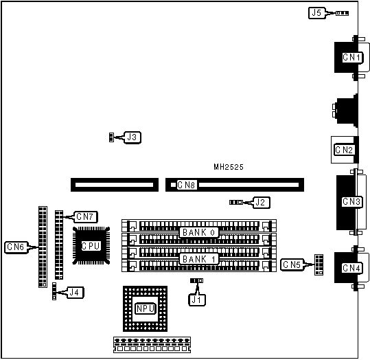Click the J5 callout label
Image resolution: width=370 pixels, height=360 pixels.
point(316,13)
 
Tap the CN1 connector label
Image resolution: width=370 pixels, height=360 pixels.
point(351,57)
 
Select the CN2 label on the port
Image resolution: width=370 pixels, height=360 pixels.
point(344,150)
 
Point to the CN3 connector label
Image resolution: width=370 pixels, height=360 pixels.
point(351,201)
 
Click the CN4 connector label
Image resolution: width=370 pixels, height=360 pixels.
point(351,268)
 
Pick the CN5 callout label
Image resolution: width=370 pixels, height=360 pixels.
point(292,265)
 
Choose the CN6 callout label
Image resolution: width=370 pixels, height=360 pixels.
point(16,247)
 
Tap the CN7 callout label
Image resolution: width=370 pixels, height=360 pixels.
point(85,217)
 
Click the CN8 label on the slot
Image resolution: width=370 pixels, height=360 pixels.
point(187,185)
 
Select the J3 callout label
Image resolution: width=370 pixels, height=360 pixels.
point(132,137)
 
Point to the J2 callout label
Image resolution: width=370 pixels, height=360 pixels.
point(261,203)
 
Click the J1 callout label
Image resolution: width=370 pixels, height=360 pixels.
point(197,300)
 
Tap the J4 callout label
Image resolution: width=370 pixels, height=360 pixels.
point(75,293)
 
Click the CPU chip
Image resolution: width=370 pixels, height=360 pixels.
point(91,246)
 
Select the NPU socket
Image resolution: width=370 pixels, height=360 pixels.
point(145,308)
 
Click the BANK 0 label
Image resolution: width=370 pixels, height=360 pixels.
point(198,232)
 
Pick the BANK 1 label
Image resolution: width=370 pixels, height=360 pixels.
point(198,259)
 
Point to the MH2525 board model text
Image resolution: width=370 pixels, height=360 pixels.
point(229,167)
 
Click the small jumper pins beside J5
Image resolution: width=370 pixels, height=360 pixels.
point(342,13)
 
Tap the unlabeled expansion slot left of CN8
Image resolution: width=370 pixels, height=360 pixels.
point(115,185)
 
